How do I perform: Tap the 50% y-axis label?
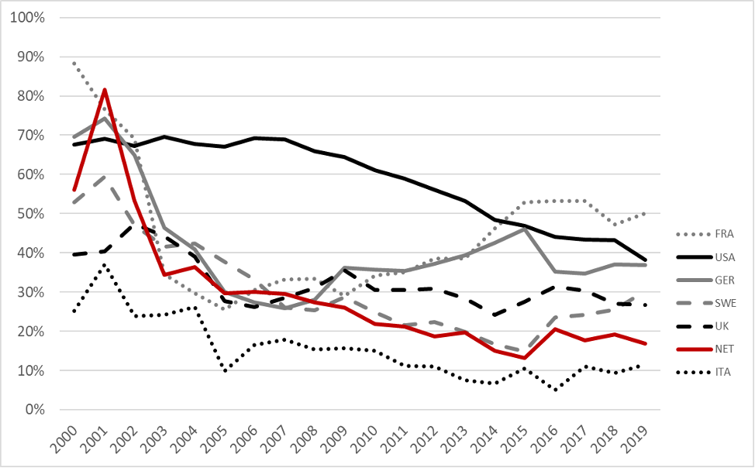coord(29,213)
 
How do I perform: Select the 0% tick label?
coord(33,409)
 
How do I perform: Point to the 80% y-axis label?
coord(29,95)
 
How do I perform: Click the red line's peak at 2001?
coord(105,89)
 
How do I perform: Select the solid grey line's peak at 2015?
coord(526,229)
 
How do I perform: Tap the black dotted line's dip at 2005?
coord(225,371)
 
